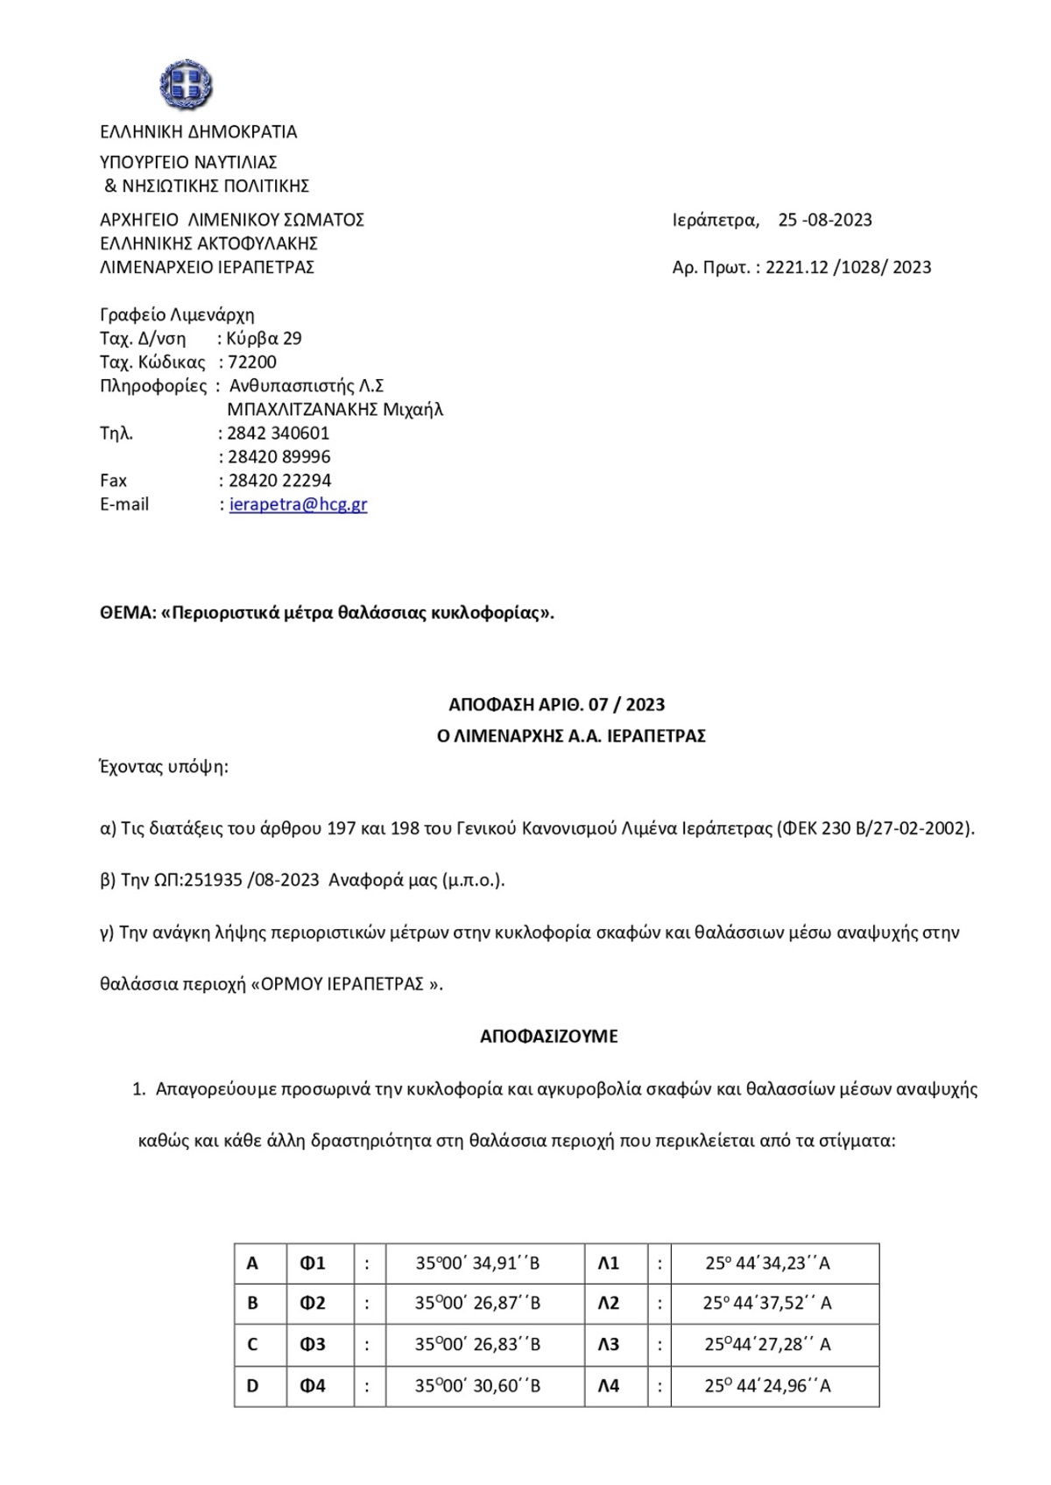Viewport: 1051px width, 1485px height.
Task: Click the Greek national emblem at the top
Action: tap(186, 86)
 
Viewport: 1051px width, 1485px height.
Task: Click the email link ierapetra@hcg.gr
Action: tap(298, 504)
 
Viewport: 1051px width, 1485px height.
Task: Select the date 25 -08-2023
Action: tap(825, 220)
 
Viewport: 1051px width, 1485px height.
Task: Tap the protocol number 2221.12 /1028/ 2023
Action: tap(848, 267)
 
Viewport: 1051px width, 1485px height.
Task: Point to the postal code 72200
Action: tap(252, 362)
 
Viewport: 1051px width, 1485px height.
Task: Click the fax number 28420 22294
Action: tap(279, 481)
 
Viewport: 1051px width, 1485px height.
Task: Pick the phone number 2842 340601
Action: tap(278, 433)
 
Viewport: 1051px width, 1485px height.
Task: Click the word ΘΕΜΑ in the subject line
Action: tap(127, 613)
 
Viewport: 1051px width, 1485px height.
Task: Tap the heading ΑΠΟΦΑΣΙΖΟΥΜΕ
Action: tap(548, 1037)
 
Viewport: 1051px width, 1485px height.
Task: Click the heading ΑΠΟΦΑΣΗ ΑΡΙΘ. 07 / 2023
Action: tap(556, 705)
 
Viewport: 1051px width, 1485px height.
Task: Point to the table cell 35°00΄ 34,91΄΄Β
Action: tap(477, 1263)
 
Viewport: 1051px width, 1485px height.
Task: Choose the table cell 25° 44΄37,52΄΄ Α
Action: tap(767, 1303)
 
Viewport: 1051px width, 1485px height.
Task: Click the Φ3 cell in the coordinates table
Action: tap(313, 1344)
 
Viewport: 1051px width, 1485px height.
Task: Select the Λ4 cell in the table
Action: tap(609, 1386)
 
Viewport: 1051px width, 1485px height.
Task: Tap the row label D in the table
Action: tap(253, 1386)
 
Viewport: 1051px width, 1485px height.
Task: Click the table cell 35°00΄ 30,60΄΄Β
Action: tap(477, 1386)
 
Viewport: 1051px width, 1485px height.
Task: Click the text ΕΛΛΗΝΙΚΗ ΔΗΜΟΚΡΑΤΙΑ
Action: tap(199, 132)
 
